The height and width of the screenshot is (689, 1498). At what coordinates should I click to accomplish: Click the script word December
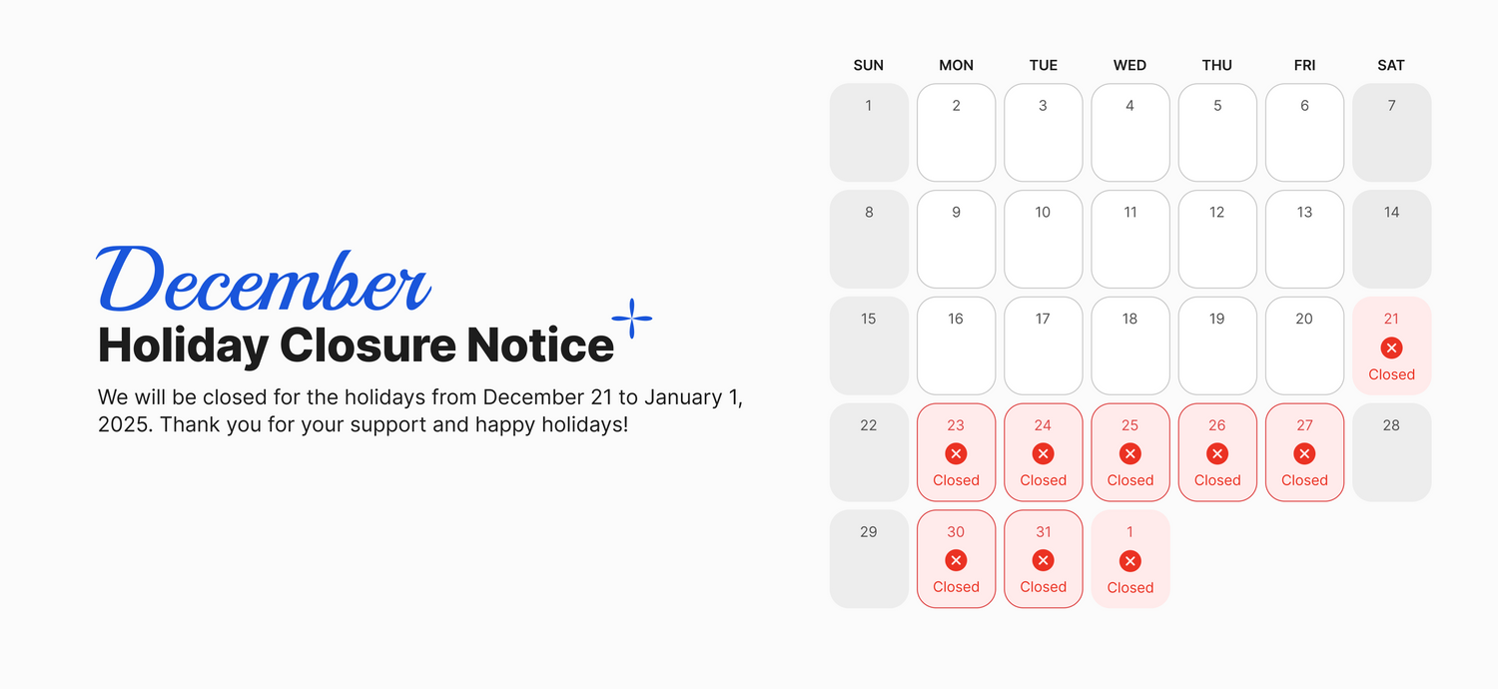pos(264,279)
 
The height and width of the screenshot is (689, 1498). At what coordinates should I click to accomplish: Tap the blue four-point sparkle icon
pos(632,319)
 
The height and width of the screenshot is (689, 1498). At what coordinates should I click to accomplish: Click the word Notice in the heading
pos(539,345)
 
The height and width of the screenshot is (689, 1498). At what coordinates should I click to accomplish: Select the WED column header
pos(1129,66)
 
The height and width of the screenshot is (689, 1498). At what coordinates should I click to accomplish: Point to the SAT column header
pos(1391,66)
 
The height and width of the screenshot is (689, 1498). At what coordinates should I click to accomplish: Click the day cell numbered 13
pos(1304,239)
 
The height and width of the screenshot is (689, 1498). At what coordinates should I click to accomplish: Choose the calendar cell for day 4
pos(1130,133)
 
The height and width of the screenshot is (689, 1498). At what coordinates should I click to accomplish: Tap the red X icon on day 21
pos(1392,347)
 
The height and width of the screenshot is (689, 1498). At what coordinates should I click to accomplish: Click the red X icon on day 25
pos(1130,454)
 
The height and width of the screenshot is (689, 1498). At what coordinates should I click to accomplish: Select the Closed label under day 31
pos(1044,587)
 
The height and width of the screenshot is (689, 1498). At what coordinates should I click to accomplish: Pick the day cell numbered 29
pos(869,559)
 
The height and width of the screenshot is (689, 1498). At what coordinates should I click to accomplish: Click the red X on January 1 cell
pos(1130,561)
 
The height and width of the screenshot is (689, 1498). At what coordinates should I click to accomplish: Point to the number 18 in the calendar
pos(1129,320)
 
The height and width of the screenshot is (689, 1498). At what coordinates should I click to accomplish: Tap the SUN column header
pos(868,66)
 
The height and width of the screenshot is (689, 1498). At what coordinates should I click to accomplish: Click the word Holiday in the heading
pos(183,346)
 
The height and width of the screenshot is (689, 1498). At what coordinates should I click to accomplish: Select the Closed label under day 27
pos(1304,480)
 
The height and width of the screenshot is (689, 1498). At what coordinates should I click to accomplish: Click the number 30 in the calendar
pos(956,532)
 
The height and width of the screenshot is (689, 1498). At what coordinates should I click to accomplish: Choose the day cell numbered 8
pos(869,239)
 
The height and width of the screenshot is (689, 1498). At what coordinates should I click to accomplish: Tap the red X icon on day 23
pos(957,454)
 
